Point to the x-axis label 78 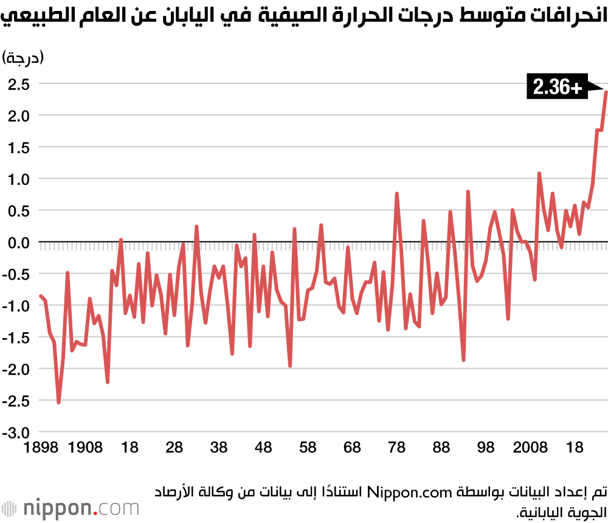point(397,448)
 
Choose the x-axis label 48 point(263,448)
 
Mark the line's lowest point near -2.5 point(58,402)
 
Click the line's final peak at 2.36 point(606,92)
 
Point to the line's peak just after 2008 point(539,173)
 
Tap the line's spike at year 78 point(396,194)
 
